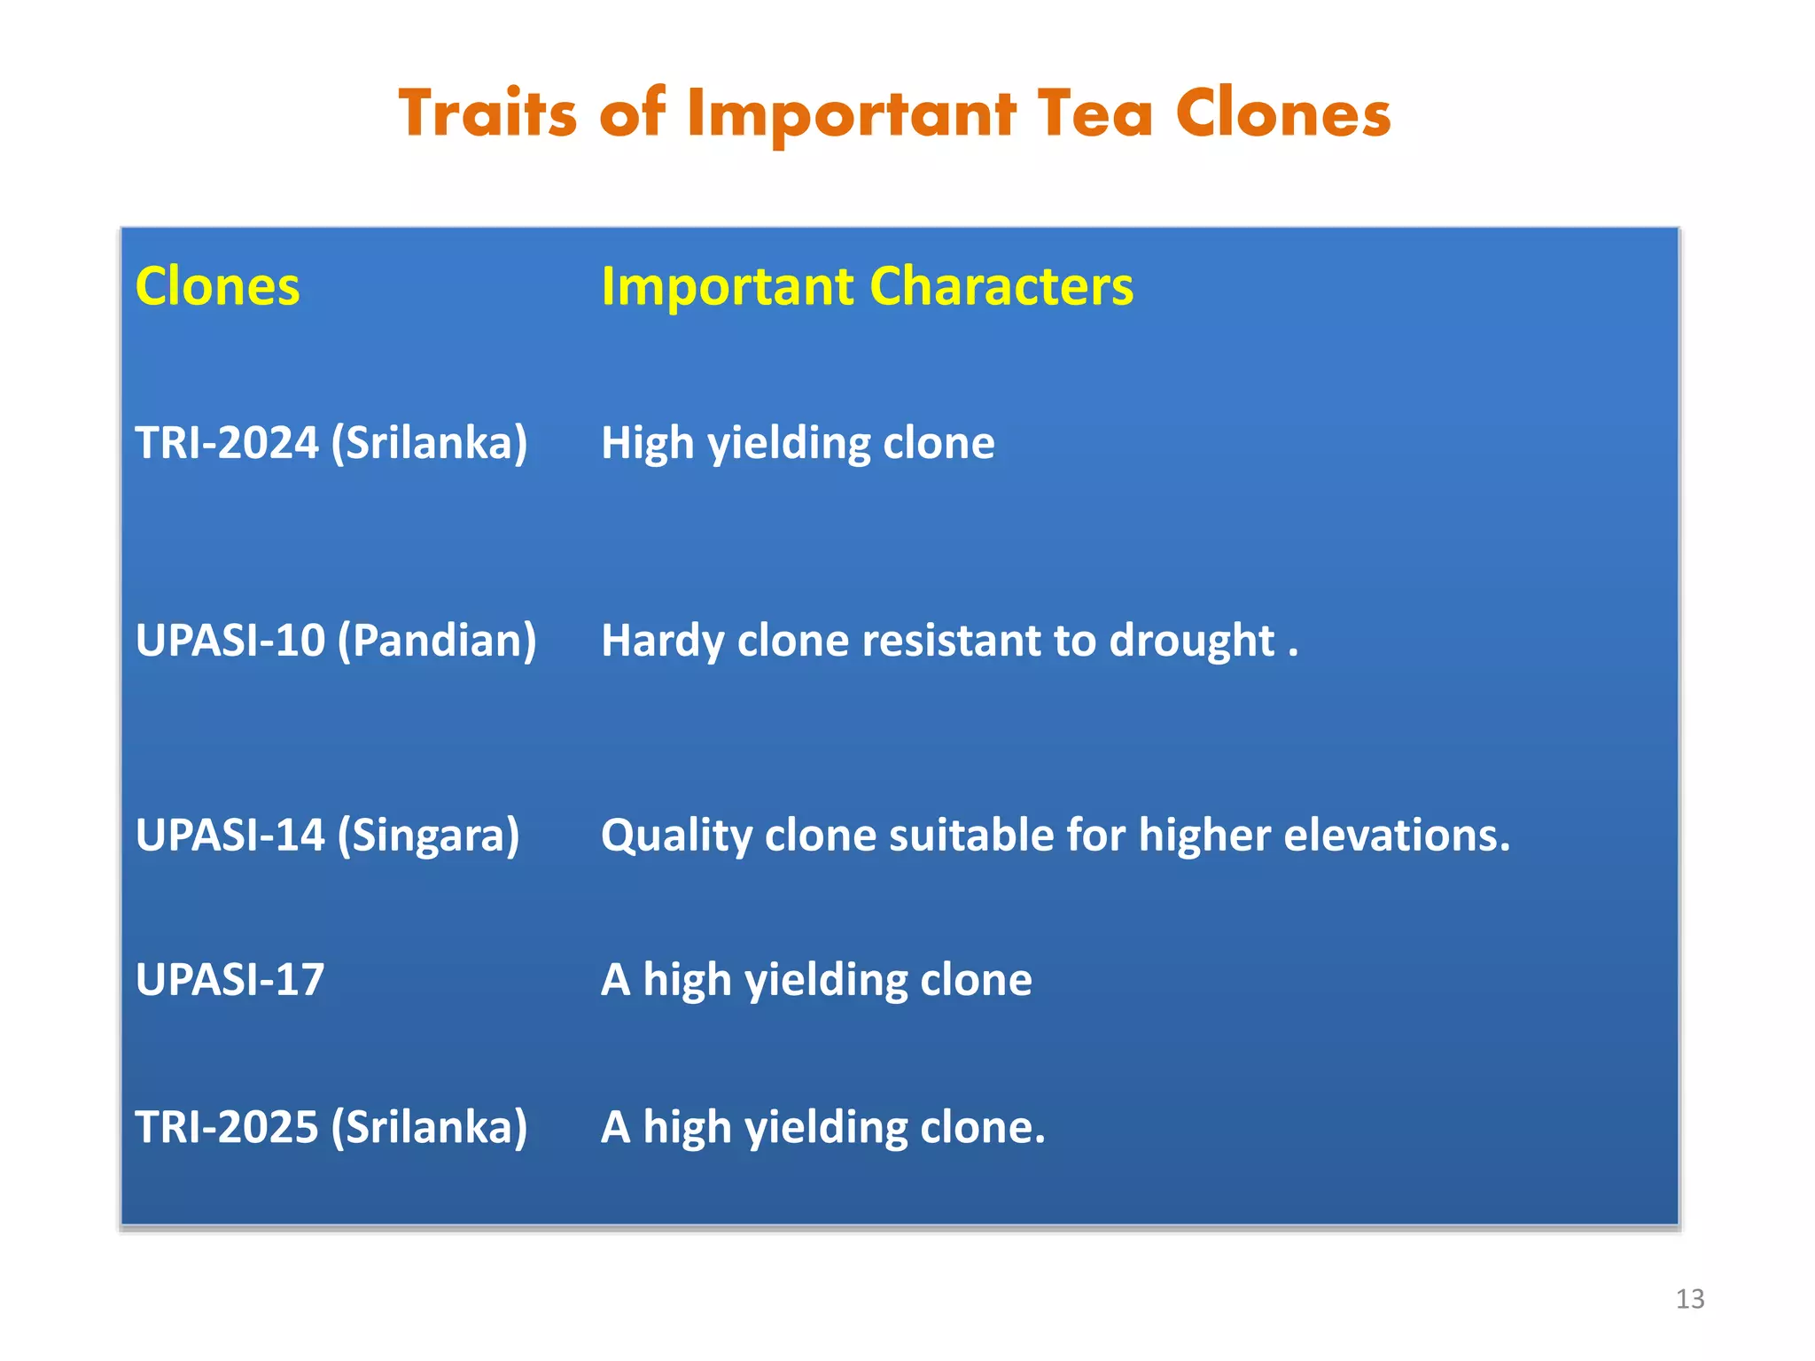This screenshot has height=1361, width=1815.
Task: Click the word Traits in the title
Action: (x=487, y=113)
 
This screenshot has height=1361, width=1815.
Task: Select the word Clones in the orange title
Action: (x=1282, y=113)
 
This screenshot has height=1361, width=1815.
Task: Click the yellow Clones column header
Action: (x=217, y=286)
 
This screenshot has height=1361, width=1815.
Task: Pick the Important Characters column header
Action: (x=867, y=286)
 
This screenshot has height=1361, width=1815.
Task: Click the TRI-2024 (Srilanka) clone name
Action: (x=331, y=442)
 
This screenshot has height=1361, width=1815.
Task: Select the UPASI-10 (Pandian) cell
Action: (x=336, y=640)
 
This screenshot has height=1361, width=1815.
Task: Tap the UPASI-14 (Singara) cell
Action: (x=327, y=835)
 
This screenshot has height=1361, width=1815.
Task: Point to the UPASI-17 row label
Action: (x=230, y=979)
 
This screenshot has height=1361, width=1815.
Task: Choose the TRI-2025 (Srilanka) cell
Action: (x=331, y=1126)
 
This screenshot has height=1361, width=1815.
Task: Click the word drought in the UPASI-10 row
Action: (x=1192, y=640)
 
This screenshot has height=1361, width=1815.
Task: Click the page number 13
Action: (x=1689, y=1299)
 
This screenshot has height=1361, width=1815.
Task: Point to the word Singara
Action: (x=429, y=835)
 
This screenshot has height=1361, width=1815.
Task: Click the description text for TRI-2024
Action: (x=798, y=442)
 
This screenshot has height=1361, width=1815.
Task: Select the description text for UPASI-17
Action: (x=816, y=979)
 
